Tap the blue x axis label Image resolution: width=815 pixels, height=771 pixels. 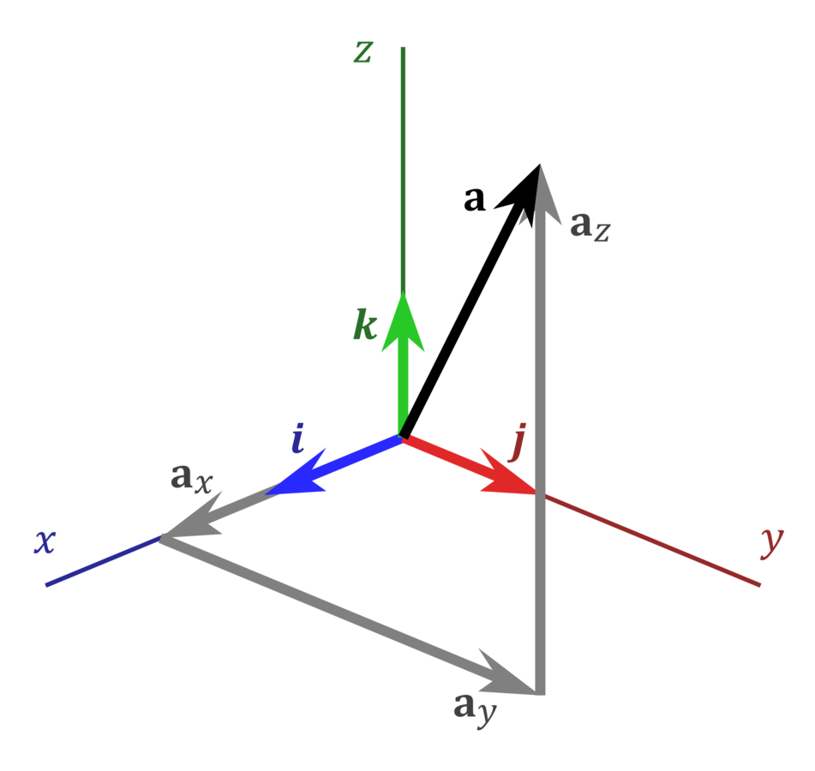pos(45,542)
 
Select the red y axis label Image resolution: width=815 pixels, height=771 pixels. pos(772,542)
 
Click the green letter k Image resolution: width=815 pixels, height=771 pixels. pos(365,326)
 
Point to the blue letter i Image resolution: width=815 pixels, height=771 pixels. pos(297,439)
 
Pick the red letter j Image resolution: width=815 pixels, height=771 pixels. pos(517,444)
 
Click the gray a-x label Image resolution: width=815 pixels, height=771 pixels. pos(190,479)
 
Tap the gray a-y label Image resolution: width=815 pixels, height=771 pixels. pos(474,708)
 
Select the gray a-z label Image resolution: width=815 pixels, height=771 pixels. pos(590,226)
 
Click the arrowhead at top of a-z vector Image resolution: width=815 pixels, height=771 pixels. pos(541,193)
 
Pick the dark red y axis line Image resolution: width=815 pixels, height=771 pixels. pos(651,540)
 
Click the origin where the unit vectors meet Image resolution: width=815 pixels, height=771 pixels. pos(402,438)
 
